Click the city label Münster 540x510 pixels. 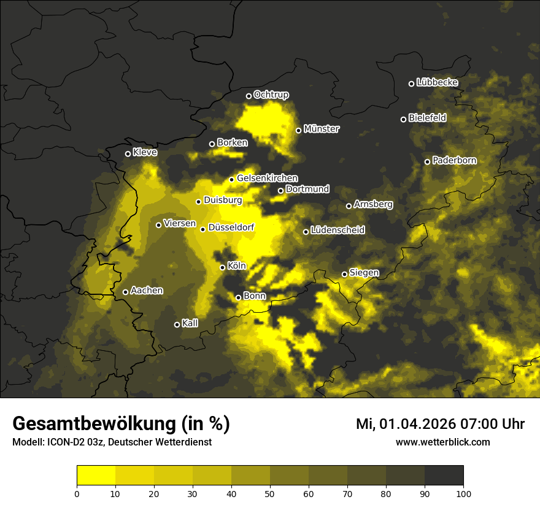(322, 129)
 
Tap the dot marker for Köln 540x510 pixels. (223, 267)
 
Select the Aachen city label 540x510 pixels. (147, 291)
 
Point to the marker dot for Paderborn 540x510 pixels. (428, 162)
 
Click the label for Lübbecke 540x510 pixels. (437, 82)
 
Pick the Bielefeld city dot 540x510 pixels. (404, 119)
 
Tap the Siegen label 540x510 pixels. (364, 273)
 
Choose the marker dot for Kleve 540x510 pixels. (128, 154)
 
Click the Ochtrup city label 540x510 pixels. (271, 95)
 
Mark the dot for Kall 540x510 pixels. (177, 324)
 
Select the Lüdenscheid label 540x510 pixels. (337, 230)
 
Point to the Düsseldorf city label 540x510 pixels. (231, 228)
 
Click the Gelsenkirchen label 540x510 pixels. (267, 178)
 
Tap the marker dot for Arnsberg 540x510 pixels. (349, 206)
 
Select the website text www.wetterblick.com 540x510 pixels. (442, 442)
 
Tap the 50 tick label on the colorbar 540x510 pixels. (270, 493)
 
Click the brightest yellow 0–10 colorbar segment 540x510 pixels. (96, 475)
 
